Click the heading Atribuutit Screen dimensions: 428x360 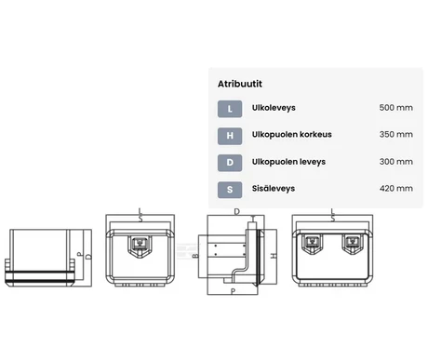tap(240, 84)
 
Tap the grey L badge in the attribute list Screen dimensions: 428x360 tap(230, 109)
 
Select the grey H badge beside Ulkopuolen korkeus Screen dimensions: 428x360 tap(230, 136)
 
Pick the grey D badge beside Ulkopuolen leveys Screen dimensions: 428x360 tap(230, 163)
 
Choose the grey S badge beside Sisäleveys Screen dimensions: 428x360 tap(230, 190)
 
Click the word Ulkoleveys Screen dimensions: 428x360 tap(274, 108)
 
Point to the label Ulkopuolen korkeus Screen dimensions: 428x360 tap(292, 135)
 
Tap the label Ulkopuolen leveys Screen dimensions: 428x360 tap(288, 162)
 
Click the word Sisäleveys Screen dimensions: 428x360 tap(274, 189)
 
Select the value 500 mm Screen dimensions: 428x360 tap(396, 108)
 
